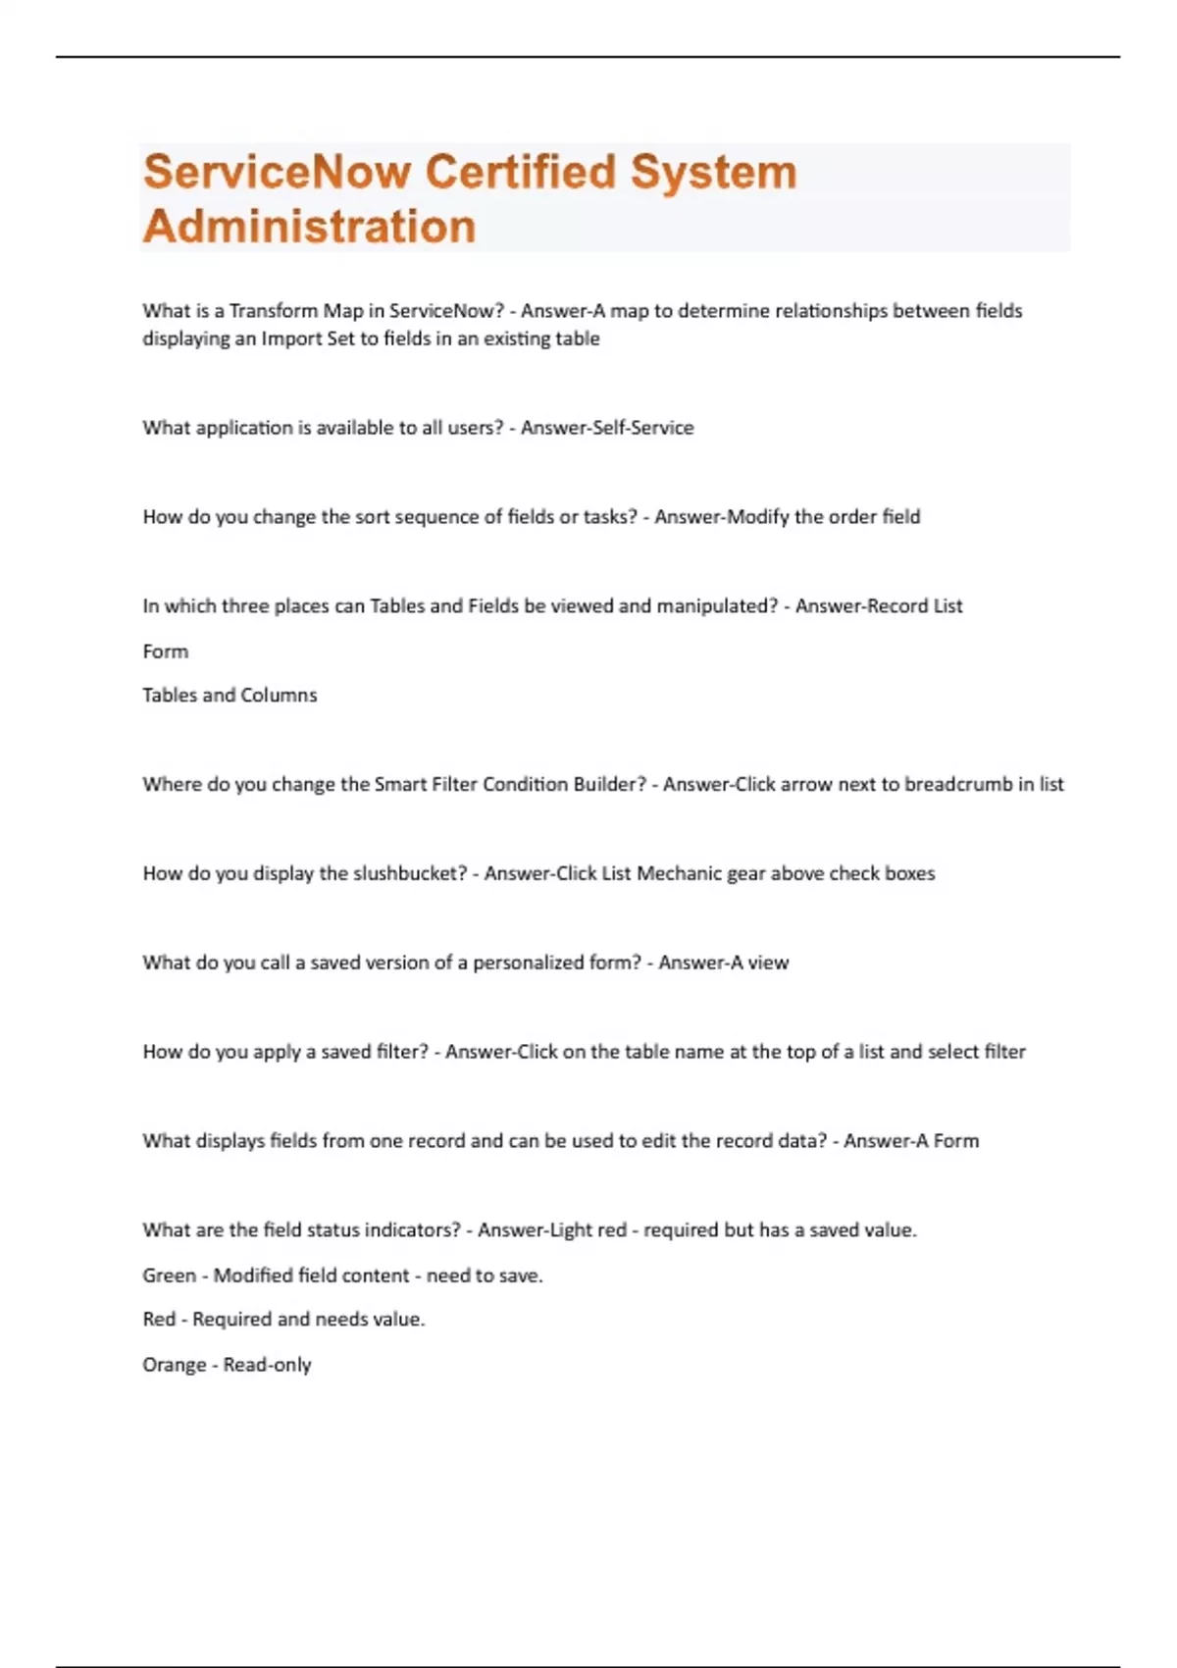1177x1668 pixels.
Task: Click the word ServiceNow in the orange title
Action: [278, 173]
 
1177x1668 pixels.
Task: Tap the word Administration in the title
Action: [309, 227]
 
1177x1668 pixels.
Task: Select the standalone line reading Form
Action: [166, 652]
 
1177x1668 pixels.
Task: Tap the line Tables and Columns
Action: [230, 696]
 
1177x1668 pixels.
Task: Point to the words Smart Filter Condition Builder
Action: [510, 784]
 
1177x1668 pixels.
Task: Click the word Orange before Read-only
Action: [175, 1365]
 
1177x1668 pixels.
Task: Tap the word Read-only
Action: [267, 1365]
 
